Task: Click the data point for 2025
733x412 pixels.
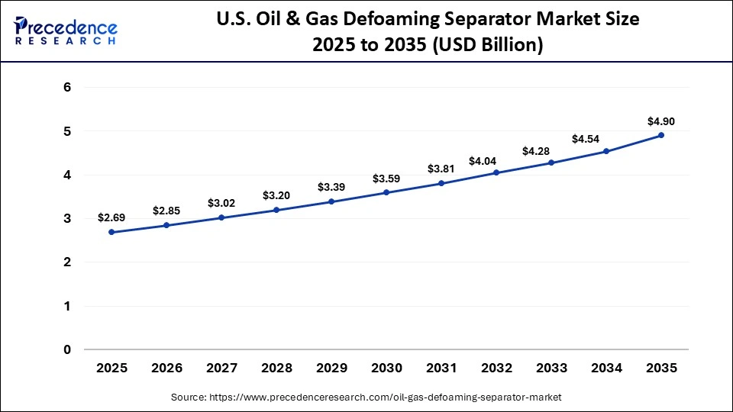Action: pyautogui.click(x=111, y=232)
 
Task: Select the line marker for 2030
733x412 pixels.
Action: pyautogui.click(x=386, y=192)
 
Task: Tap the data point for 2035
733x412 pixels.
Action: pyautogui.click(x=661, y=135)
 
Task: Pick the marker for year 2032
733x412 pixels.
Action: pyautogui.click(x=496, y=172)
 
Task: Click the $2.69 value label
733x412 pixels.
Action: pyautogui.click(x=111, y=217)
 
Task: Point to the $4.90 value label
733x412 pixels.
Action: pyautogui.click(x=661, y=121)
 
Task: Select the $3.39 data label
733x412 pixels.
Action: pyautogui.click(x=331, y=187)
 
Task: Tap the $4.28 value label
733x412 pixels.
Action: pyautogui.click(x=551, y=151)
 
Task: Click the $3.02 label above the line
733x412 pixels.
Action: pyautogui.click(x=221, y=203)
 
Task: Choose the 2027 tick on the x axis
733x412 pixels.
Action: pyautogui.click(x=221, y=368)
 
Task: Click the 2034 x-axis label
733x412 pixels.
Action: pyautogui.click(x=606, y=368)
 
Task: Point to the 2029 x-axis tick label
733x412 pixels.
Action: pyautogui.click(x=331, y=368)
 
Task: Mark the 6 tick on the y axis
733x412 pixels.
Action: pyautogui.click(x=67, y=88)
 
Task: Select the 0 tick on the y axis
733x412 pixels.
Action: pyautogui.click(x=67, y=350)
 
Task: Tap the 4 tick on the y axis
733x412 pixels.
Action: pyautogui.click(x=67, y=175)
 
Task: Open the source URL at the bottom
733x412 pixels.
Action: pyautogui.click(x=366, y=397)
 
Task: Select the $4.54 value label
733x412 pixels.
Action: pyautogui.click(x=606, y=138)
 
